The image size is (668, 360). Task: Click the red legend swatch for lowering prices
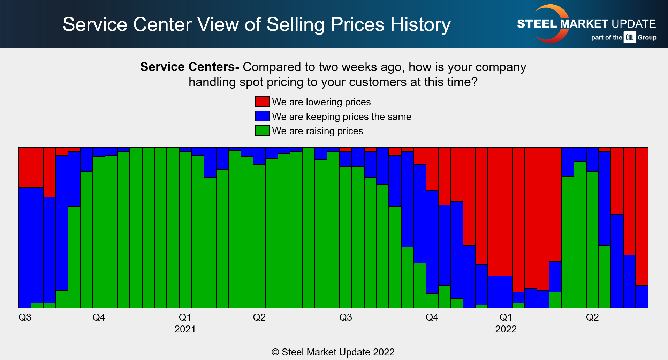pyautogui.click(x=262, y=102)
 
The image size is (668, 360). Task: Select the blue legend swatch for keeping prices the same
pyautogui.click(x=262, y=116)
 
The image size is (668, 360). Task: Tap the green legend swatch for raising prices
pyautogui.click(x=262, y=130)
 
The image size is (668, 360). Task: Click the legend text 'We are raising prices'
pyautogui.click(x=317, y=131)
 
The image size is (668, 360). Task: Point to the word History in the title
pyautogui.click(x=420, y=24)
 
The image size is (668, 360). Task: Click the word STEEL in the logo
pyautogui.click(x=537, y=24)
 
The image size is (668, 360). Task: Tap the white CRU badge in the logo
pyautogui.click(x=630, y=37)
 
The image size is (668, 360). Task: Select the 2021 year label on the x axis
pyautogui.click(x=185, y=329)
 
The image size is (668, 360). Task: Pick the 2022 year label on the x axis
pyautogui.click(x=506, y=329)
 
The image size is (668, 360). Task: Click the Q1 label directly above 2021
pyautogui.click(x=185, y=317)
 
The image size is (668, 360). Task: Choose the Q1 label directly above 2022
pyautogui.click(x=506, y=317)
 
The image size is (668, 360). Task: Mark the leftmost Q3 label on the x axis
pyautogui.click(x=25, y=317)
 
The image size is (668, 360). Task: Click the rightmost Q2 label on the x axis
pyautogui.click(x=592, y=317)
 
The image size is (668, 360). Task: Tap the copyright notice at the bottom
pyautogui.click(x=333, y=352)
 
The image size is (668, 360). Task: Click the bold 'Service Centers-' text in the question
pyautogui.click(x=190, y=67)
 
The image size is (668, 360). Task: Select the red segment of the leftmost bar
pyautogui.click(x=25, y=167)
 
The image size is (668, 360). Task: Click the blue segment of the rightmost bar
pyautogui.click(x=642, y=297)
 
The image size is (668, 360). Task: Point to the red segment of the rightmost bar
pyautogui.click(x=642, y=216)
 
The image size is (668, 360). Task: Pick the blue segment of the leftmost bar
pyautogui.click(x=25, y=248)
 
